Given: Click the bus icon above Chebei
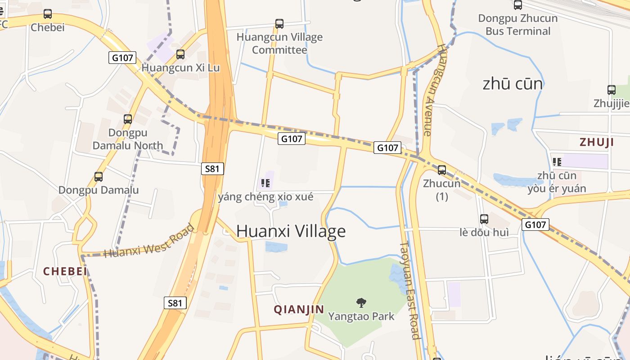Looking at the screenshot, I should tap(48, 14).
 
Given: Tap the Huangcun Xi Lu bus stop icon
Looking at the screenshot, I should tap(180, 54).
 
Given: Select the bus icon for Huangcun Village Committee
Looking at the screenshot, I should tap(279, 23).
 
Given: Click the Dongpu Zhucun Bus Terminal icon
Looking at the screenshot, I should tap(518, 5).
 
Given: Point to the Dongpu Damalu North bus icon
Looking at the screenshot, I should tap(128, 119).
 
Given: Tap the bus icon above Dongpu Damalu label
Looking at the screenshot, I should tap(99, 177).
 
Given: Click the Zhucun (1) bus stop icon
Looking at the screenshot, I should tap(442, 170).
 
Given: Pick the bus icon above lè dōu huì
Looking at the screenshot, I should tap(484, 219).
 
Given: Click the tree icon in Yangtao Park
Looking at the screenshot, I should tap(361, 302).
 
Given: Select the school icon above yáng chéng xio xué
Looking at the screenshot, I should tap(265, 183).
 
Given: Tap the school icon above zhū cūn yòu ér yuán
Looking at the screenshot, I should tap(557, 162).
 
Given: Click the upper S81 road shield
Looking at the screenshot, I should tap(212, 169).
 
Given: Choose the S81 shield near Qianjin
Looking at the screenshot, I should tap(175, 303).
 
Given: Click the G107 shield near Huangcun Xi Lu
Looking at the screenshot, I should tap(122, 58).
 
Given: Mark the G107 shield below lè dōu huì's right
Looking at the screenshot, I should tap(535, 225).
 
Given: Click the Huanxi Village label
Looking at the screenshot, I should tap(291, 231).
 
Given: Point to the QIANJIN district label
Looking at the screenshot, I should tap(299, 310).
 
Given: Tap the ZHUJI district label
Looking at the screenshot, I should tap(597, 143).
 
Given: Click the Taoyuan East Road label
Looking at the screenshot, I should tap(409, 290).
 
